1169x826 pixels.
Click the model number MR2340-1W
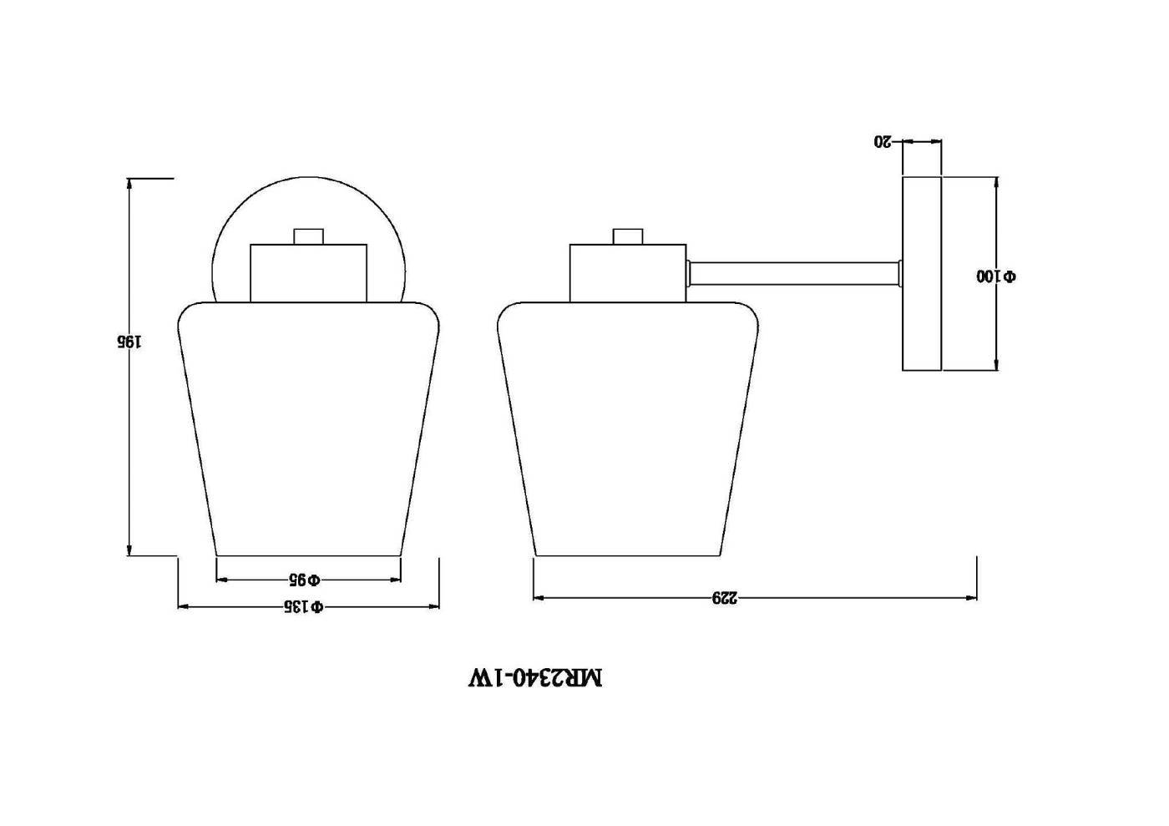[536, 677]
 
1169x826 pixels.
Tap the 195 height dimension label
[129, 342]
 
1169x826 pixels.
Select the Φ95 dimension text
[306, 580]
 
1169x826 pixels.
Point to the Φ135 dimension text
[304, 606]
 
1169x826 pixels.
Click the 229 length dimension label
[726, 598]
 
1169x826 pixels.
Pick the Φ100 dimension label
[996, 276]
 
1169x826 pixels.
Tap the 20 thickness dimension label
[883, 141]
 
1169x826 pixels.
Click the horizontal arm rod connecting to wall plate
[794, 274]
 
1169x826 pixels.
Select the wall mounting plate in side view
[922, 274]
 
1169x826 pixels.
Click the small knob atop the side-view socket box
[628, 236]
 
